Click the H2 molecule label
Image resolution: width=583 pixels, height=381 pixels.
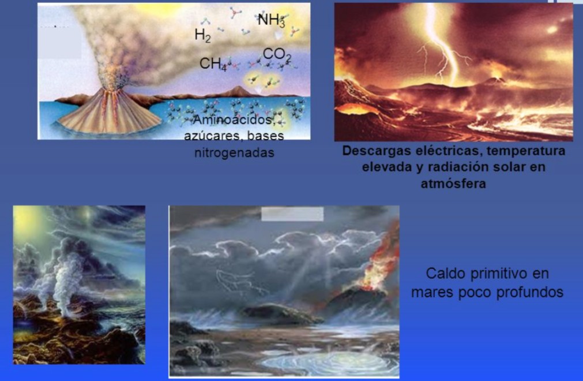pyautogui.click(x=202, y=35)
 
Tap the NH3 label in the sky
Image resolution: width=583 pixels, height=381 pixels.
pyautogui.click(x=271, y=21)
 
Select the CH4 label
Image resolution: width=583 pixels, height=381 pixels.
pyautogui.click(x=213, y=63)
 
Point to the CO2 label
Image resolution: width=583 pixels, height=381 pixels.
pyautogui.click(x=277, y=55)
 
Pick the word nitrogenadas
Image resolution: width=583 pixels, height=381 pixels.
pyautogui.click(x=234, y=154)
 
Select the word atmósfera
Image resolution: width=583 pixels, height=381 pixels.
pyautogui.click(x=453, y=184)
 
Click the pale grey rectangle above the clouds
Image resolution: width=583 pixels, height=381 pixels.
pyautogui.click(x=292, y=214)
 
